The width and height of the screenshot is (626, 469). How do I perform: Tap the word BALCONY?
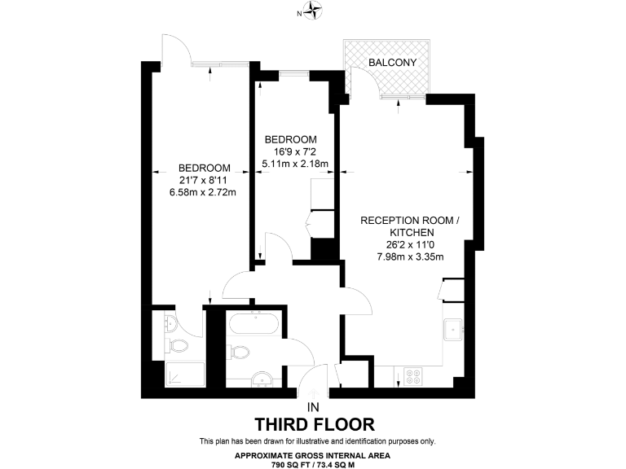392,63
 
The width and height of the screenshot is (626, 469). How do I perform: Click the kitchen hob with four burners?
413,376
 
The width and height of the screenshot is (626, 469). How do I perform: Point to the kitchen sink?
453,329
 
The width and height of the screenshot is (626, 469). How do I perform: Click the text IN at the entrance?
313,407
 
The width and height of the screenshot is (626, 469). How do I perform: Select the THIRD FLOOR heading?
314,424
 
